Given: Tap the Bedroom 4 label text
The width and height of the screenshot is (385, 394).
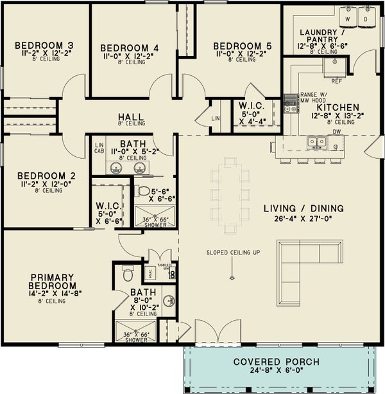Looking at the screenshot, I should [x=130, y=48].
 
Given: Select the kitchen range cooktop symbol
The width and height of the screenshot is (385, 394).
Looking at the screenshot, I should [x=291, y=103].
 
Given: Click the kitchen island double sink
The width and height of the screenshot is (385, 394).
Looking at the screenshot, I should [x=314, y=141].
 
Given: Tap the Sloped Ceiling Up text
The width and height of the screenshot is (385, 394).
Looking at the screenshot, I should [x=233, y=252].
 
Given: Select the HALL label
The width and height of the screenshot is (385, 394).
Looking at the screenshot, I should [x=131, y=117].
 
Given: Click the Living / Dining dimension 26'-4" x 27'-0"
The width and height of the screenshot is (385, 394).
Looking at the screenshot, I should [x=304, y=220].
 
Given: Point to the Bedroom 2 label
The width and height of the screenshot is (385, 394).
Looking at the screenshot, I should [x=42, y=175].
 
